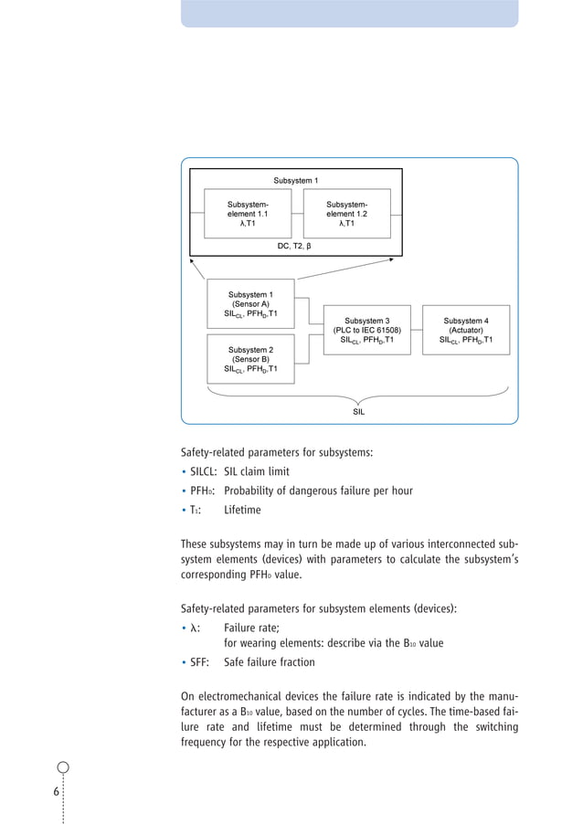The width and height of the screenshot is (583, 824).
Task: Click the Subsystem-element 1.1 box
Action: click(x=248, y=213)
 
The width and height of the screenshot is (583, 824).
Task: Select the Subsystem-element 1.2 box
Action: click(x=346, y=213)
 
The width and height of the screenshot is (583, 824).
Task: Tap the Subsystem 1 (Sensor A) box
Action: click(x=251, y=304)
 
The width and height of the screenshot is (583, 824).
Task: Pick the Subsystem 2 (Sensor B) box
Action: click(x=251, y=359)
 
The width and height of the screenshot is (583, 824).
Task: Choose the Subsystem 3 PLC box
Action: click(x=366, y=330)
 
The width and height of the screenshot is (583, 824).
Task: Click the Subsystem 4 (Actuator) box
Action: click(x=466, y=330)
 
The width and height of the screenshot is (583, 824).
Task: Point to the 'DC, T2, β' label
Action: click(x=294, y=246)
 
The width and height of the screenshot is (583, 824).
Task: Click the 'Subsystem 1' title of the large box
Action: click(x=297, y=180)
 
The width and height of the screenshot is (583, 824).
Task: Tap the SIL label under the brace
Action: click(x=359, y=412)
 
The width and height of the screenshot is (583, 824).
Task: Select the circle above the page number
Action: click(x=63, y=768)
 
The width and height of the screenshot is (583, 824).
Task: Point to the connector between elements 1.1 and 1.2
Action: click(x=297, y=214)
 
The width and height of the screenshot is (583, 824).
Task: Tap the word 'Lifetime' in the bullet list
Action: click(x=242, y=510)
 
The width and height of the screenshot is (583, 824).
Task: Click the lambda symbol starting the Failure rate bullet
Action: click(x=194, y=628)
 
